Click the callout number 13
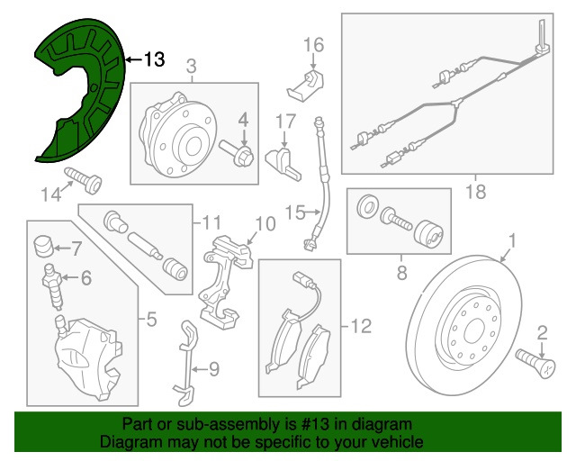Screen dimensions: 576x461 click(x=154, y=59)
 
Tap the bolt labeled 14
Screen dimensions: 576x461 click(x=84, y=180)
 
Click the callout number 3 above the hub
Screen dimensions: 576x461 click(x=192, y=67)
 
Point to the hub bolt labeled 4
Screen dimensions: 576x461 click(x=237, y=154)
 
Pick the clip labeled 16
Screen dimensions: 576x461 click(x=304, y=86)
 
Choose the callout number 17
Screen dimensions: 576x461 click(x=285, y=122)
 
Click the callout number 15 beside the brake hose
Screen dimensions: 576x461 click(x=295, y=212)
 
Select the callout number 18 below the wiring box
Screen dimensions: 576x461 click(x=476, y=191)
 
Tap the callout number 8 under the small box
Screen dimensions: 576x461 click(x=402, y=273)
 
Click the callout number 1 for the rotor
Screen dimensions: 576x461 click(x=512, y=241)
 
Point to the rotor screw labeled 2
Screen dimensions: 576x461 click(x=535, y=363)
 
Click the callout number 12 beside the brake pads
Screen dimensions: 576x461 click(x=362, y=326)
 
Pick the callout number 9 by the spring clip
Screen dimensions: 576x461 click(x=214, y=369)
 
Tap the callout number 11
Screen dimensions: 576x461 click(x=211, y=222)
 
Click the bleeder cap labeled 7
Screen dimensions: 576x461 click(x=44, y=246)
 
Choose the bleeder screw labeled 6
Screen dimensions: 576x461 click(x=53, y=286)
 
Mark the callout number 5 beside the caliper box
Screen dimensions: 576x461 click(x=152, y=319)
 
